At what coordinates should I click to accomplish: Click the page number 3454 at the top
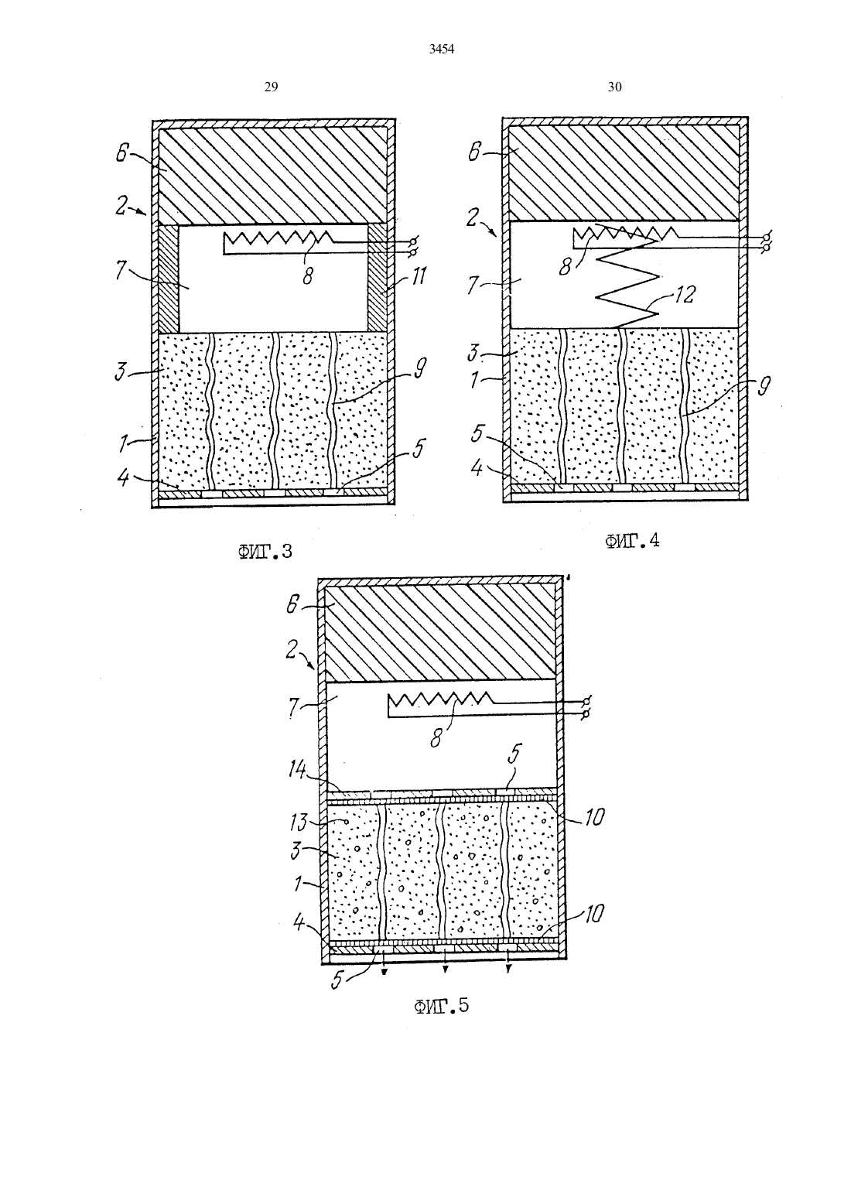click(442, 50)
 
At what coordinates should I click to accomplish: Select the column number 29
click(271, 87)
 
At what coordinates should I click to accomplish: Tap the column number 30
click(614, 87)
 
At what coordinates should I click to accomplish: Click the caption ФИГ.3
click(265, 552)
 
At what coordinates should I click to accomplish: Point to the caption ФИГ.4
click(632, 541)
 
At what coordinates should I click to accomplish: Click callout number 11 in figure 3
click(418, 276)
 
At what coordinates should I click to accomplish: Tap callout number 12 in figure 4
click(684, 293)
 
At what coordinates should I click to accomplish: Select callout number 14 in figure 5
click(296, 770)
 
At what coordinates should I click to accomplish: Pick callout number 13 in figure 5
click(299, 822)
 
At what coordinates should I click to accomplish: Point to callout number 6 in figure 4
click(473, 152)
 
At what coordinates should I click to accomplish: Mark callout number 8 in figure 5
click(435, 740)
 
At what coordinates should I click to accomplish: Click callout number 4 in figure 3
click(124, 477)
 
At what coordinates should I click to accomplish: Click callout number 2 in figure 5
click(292, 650)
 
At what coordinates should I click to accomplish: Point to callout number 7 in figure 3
click(122, 270)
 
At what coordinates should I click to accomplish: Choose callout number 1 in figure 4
click(473, 380)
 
